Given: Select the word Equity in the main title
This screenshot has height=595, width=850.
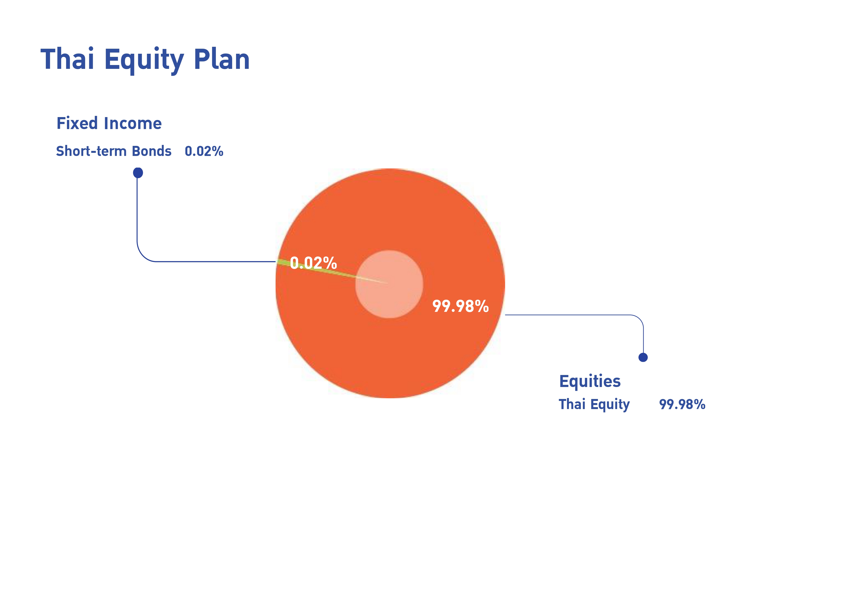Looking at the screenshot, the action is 144,61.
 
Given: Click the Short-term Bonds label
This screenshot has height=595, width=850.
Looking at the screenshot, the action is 114,151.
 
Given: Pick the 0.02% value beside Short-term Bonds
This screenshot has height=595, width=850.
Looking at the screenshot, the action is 204,151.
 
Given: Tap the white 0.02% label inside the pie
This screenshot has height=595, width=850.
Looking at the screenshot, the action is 313,263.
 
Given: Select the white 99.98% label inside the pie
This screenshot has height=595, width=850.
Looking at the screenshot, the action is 460,306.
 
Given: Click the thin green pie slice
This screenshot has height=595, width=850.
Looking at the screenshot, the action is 315,268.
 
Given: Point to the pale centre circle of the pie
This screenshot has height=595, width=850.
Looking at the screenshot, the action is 389,284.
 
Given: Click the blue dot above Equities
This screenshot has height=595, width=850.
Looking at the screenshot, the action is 643,357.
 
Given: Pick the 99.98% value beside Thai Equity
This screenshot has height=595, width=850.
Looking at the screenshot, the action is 682,404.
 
